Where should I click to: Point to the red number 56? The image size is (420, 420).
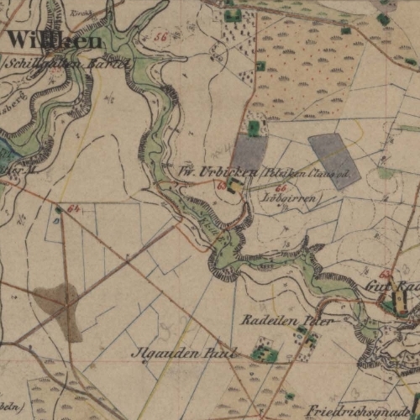tap(160, 39)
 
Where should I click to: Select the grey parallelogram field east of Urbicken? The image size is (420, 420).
tap(334, 159)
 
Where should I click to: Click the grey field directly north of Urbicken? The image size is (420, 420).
tap(249, 153)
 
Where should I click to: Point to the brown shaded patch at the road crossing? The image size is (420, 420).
tap(60, 304)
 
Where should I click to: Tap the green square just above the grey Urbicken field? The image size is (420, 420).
tap(254, 127)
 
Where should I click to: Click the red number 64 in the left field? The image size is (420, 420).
tap(74, 207)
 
